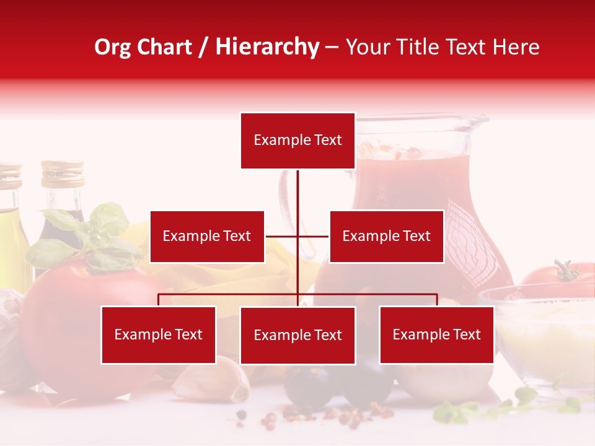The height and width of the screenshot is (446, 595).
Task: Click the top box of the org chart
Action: click(297, 141)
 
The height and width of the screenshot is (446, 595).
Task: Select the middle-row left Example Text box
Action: click(207, 236)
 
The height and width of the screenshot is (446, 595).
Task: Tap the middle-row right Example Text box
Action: click(386, 236)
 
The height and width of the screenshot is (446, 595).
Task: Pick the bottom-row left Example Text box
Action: click(159, 334)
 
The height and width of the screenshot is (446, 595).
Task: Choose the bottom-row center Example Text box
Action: click(297, 335)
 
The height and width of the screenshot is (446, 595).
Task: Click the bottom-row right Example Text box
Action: click(436, 334)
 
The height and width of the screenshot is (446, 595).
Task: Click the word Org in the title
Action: click(112, 47)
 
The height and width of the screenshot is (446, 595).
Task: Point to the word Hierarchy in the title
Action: click(267, 47)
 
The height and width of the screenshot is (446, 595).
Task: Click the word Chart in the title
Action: click(164, 47)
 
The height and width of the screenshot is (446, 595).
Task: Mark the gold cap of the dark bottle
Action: click(62, 173)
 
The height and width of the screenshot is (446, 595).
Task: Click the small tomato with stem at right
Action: click(558, 279)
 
